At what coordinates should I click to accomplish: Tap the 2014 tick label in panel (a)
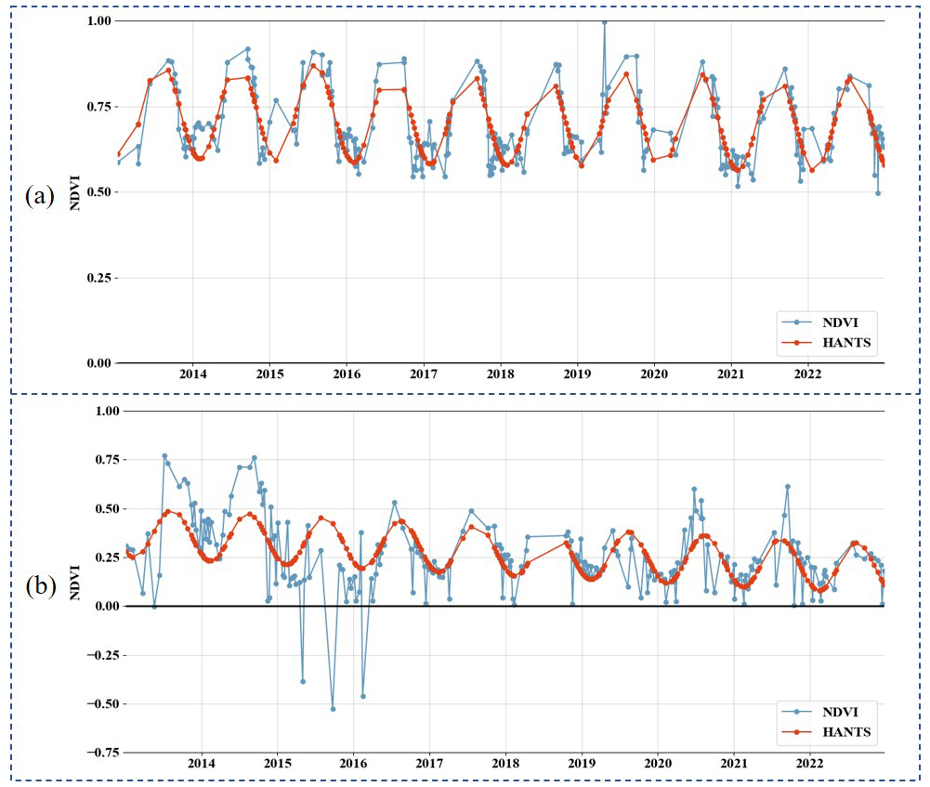coord(192,374)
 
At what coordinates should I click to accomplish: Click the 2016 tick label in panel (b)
coord(353,763)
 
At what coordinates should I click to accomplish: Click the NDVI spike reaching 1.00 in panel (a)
coord(604,21)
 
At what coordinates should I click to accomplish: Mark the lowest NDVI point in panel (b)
coord(333,709)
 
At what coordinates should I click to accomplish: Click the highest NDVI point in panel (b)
coord(164,456)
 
